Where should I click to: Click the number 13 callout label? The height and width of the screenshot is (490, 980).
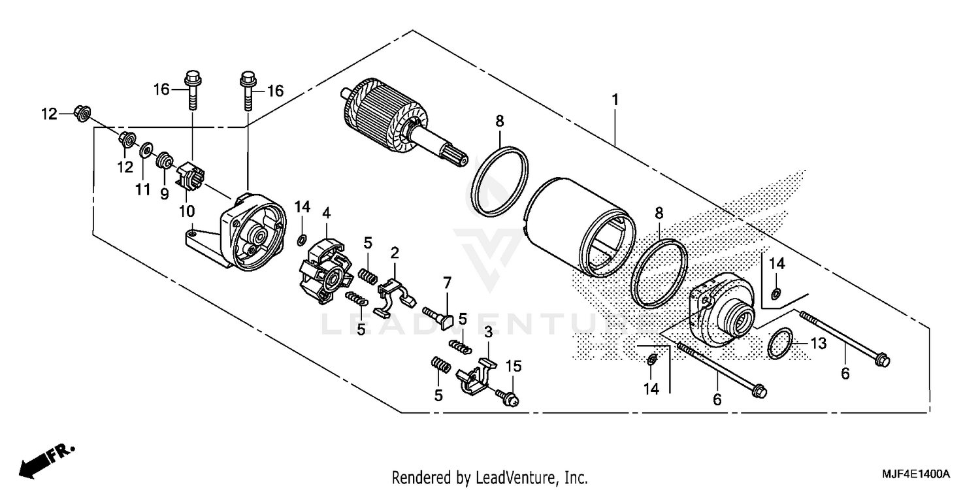(x=819, y=343)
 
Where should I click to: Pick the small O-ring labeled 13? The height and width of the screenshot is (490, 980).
(x=781, y=344)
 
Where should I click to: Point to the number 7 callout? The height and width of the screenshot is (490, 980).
(x=447, y=283)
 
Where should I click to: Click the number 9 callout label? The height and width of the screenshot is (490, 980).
(x=165, y=193)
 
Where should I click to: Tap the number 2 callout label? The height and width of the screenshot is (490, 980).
(x=395, y=252)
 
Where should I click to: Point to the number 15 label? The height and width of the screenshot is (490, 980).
(x=514, y=367)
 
